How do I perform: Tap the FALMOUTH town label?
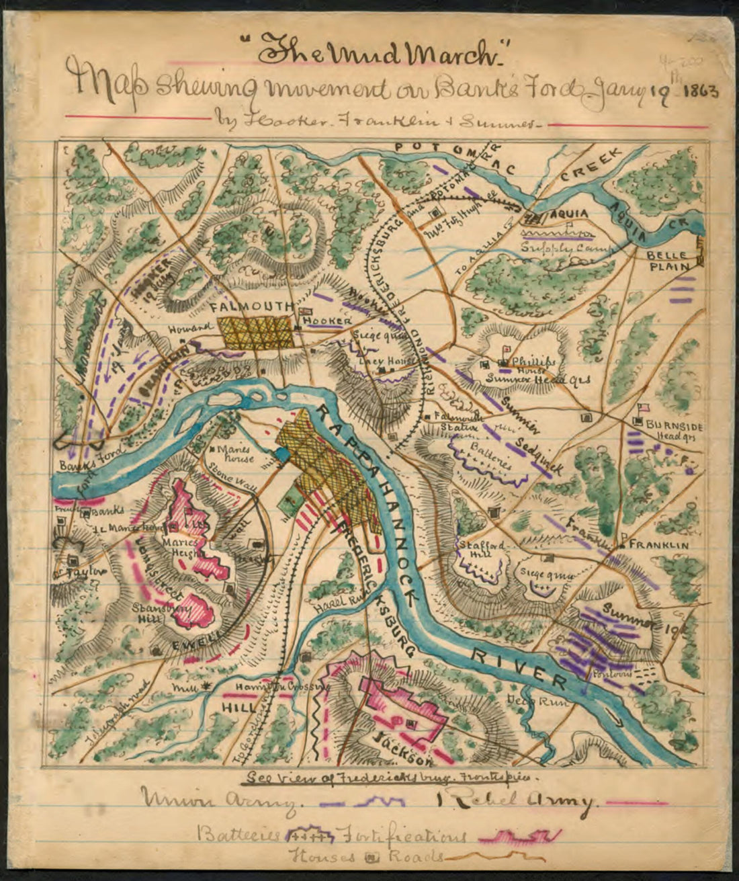[x=251, y=306]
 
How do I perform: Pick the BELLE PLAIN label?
[x=668, y=261]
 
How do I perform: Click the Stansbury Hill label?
[x=156, y=613]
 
